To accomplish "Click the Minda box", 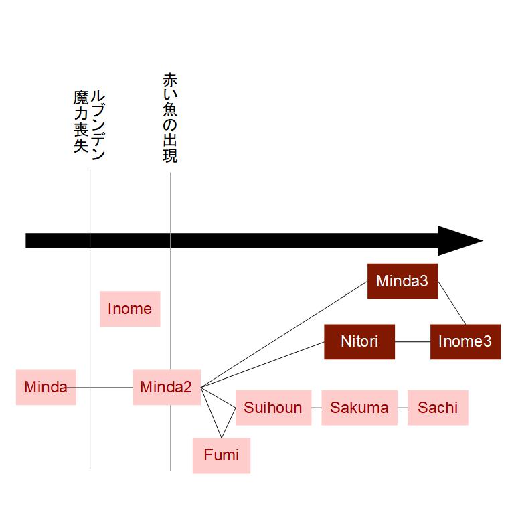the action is click(46, 388).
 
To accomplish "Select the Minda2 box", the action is click(167, 388).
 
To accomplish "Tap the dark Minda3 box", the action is click(402, 281).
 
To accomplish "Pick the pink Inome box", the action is click(130, 309).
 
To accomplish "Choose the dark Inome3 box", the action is click(465, 342).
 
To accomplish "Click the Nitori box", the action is click(359, 342).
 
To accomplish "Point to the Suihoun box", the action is click(273, 408).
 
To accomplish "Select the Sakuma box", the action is click(359, 408).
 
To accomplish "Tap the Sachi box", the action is click(438, 408).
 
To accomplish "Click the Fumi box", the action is click(222, 456).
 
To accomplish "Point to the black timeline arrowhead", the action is click(460, 241).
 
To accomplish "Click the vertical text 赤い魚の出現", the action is click(170, 118).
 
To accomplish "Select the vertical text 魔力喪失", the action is click(81, 122).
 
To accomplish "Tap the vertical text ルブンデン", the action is click(98, 125).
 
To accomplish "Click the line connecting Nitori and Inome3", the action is click(412, 342).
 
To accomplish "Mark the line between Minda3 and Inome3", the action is click(452, 303).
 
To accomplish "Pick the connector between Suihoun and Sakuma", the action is click(317, 408).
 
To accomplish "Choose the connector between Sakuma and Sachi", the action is click(402, 408).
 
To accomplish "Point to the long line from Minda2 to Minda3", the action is click(284, 334).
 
